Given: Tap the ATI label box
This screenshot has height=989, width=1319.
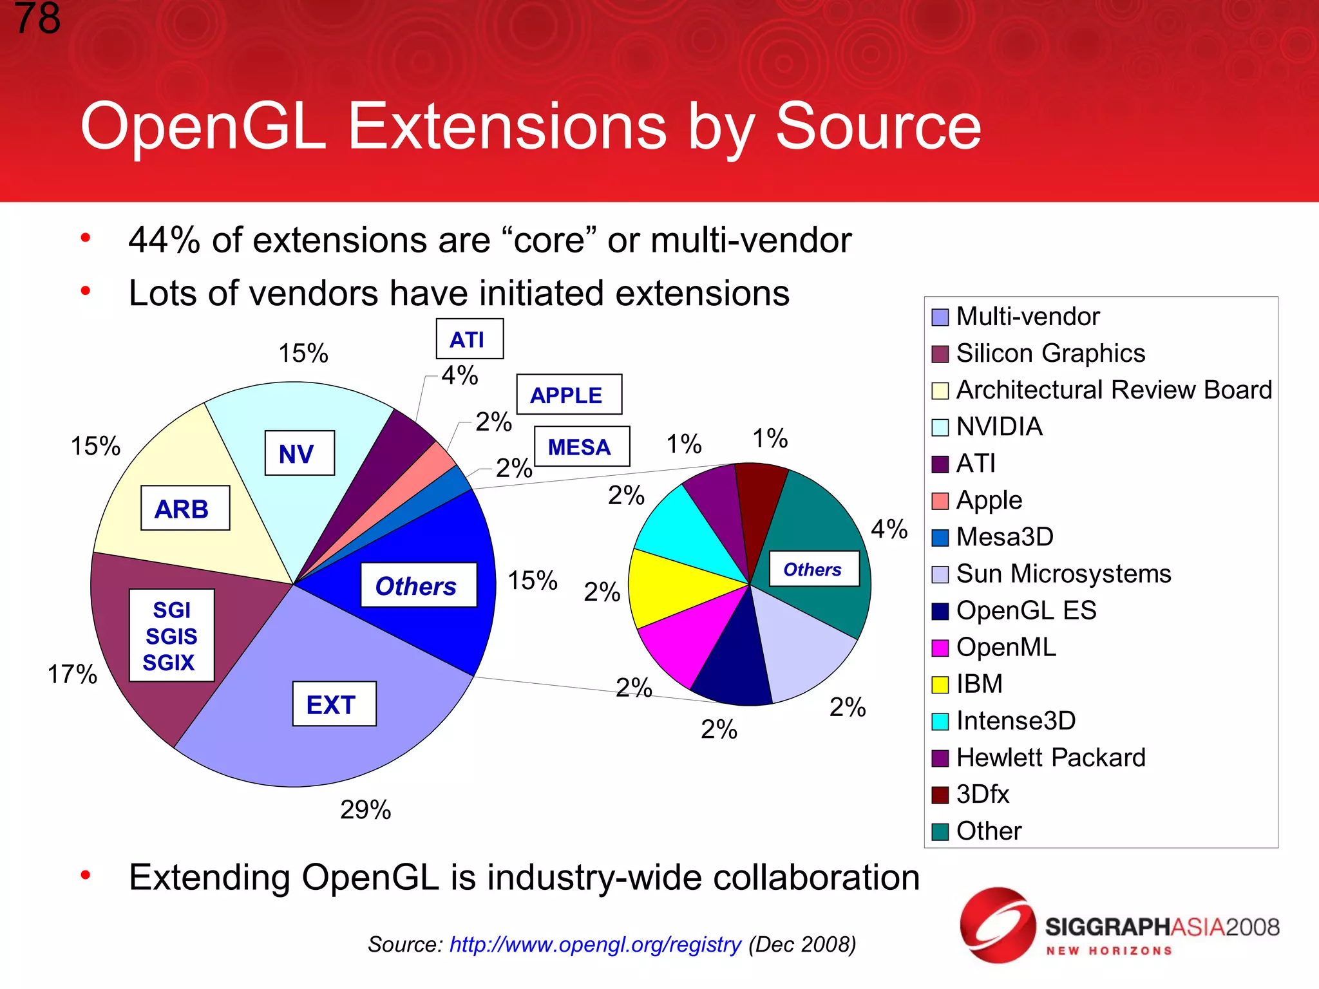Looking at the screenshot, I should pyautogui.click(x=469, y=339).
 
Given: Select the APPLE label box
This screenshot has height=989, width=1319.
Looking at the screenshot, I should pyautogui.click(x=569, y=395).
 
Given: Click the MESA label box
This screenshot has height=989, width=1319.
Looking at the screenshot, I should pyautogui.click(x=581, y=447).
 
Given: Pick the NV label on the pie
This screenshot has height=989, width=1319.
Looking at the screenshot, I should pyautogui.click(x=299, y=453).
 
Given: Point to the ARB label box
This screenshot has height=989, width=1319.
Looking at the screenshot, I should pyautogui.click(x=185, y=509).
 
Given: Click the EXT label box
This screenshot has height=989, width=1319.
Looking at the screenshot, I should pyautogui.click(x=334, y=704).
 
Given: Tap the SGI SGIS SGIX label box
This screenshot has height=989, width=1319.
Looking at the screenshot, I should pyautogui.click(x=171, y=636).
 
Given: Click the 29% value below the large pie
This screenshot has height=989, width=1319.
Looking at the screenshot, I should pyautogui.click(x=365, y=810).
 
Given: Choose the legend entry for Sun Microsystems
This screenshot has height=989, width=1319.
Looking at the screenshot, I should pyautogui.click(x=1063, y=574).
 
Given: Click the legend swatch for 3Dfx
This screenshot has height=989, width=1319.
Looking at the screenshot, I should pyautogui.click(x=940, y=795).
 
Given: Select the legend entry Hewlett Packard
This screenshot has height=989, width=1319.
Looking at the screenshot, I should pyautogui.click(x=1050, y=758).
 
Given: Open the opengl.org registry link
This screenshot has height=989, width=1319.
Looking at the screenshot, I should pyautogui.click(x=595, y=945).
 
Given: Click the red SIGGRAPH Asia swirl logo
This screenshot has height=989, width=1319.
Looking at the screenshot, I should pyautogui.click(x=997, y=925).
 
